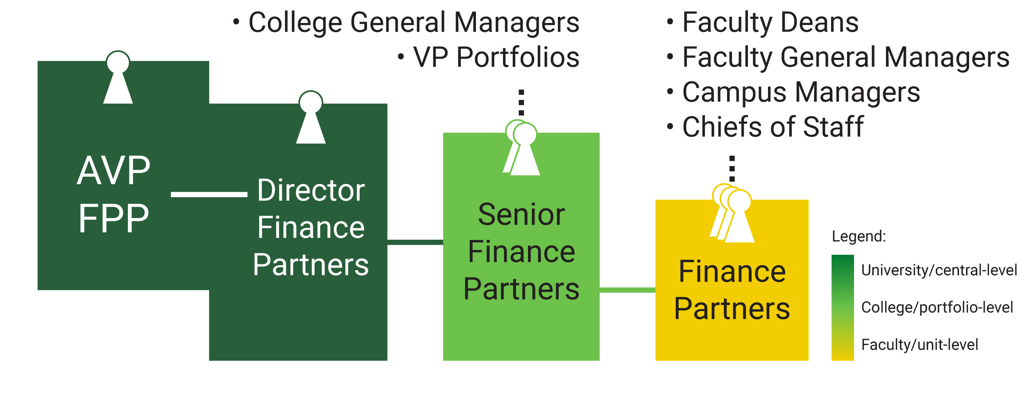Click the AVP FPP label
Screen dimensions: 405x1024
[x=114, y=194]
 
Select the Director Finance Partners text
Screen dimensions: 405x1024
[x=311, y=228]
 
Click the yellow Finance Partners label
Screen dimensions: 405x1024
[x=732, y=290]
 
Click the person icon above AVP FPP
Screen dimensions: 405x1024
[x=118, y=78]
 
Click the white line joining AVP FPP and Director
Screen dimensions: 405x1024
[x=209, y=194]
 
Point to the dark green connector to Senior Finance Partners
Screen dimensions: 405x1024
[x=415, y=242]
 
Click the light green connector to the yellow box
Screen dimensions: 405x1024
[x=627, y=290]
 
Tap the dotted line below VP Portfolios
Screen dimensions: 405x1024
[x=521, y=102]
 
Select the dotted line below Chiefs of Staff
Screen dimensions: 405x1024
[x=732, y=168]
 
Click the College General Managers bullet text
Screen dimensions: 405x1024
[x=414, y=23]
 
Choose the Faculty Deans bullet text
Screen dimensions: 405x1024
[x=770, y=23]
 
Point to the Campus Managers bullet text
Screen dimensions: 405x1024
[x=801, y=92]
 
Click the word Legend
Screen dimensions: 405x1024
[x=859, y=237]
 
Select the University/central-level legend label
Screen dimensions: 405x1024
[x=939, y=270]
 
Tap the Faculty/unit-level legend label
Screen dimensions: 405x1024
[x=920, y=345]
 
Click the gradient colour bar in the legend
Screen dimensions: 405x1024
[x=843, y=307]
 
